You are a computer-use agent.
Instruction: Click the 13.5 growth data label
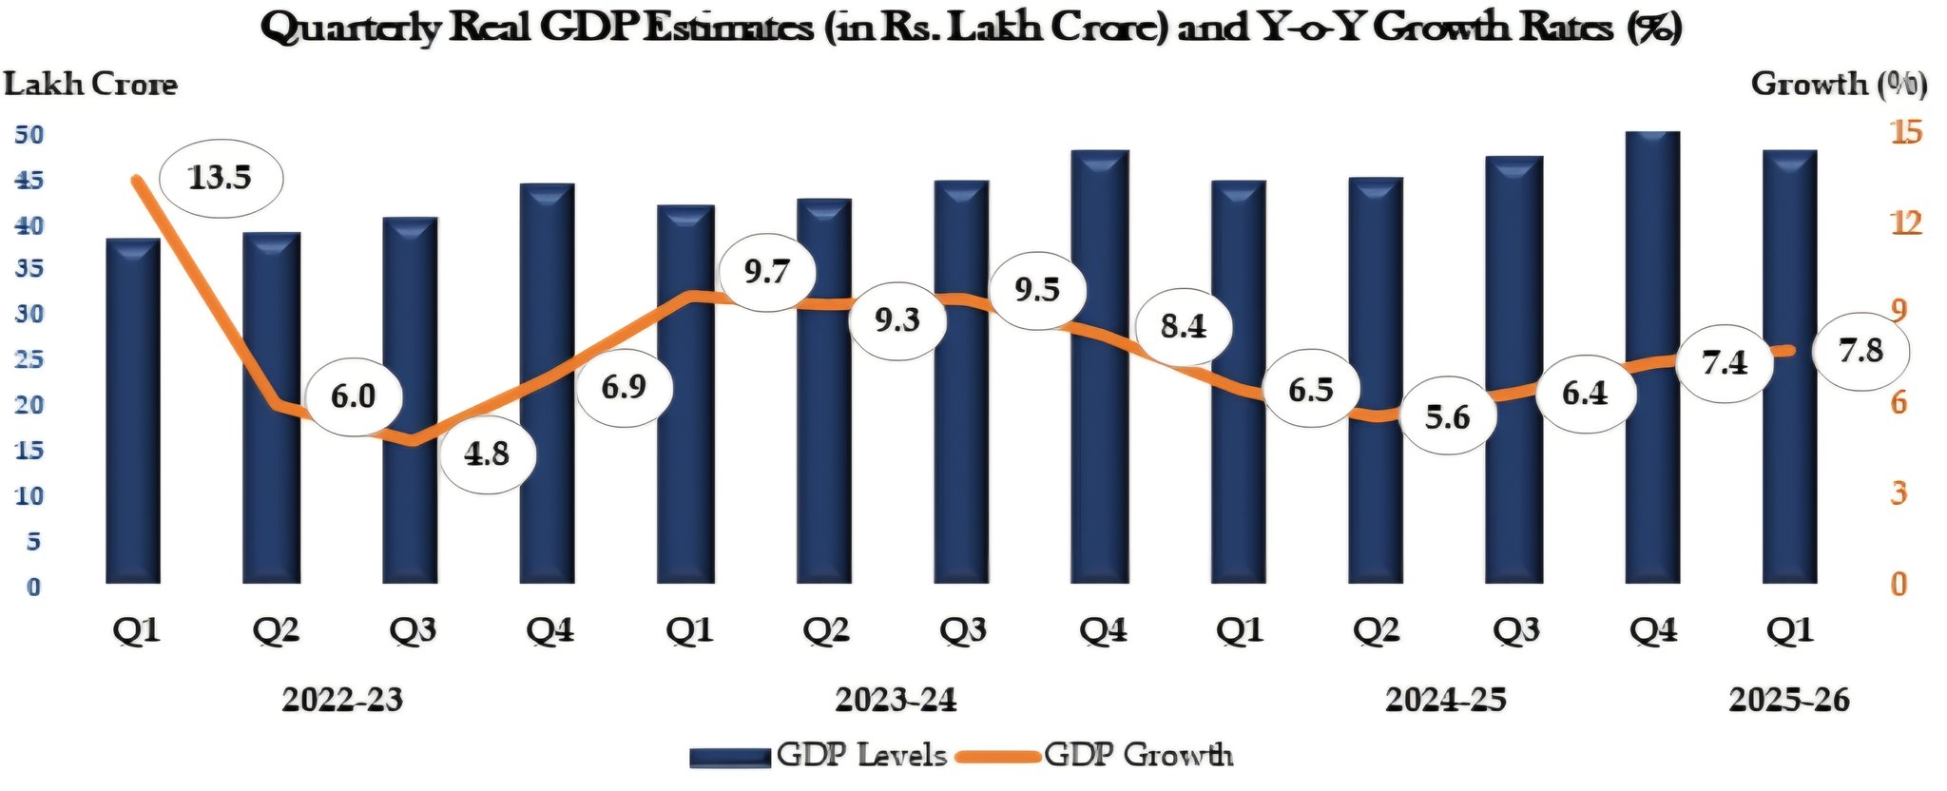(220, 178)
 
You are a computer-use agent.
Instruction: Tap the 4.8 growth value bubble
(487, 454)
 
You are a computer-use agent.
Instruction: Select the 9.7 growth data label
(766, 272)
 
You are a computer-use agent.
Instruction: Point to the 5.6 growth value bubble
(1447, 416)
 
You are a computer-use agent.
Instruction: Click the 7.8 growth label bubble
(1860, 351)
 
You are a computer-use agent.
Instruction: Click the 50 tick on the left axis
(29, 134)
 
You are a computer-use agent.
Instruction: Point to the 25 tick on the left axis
(29, 359)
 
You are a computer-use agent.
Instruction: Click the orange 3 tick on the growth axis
(1899, 492)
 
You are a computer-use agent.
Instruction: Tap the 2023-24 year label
(896, 700)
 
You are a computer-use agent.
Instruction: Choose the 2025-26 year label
(1789, 700)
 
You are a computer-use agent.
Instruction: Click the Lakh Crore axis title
(90, 85)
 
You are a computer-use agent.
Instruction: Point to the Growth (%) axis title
(1839, 85)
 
